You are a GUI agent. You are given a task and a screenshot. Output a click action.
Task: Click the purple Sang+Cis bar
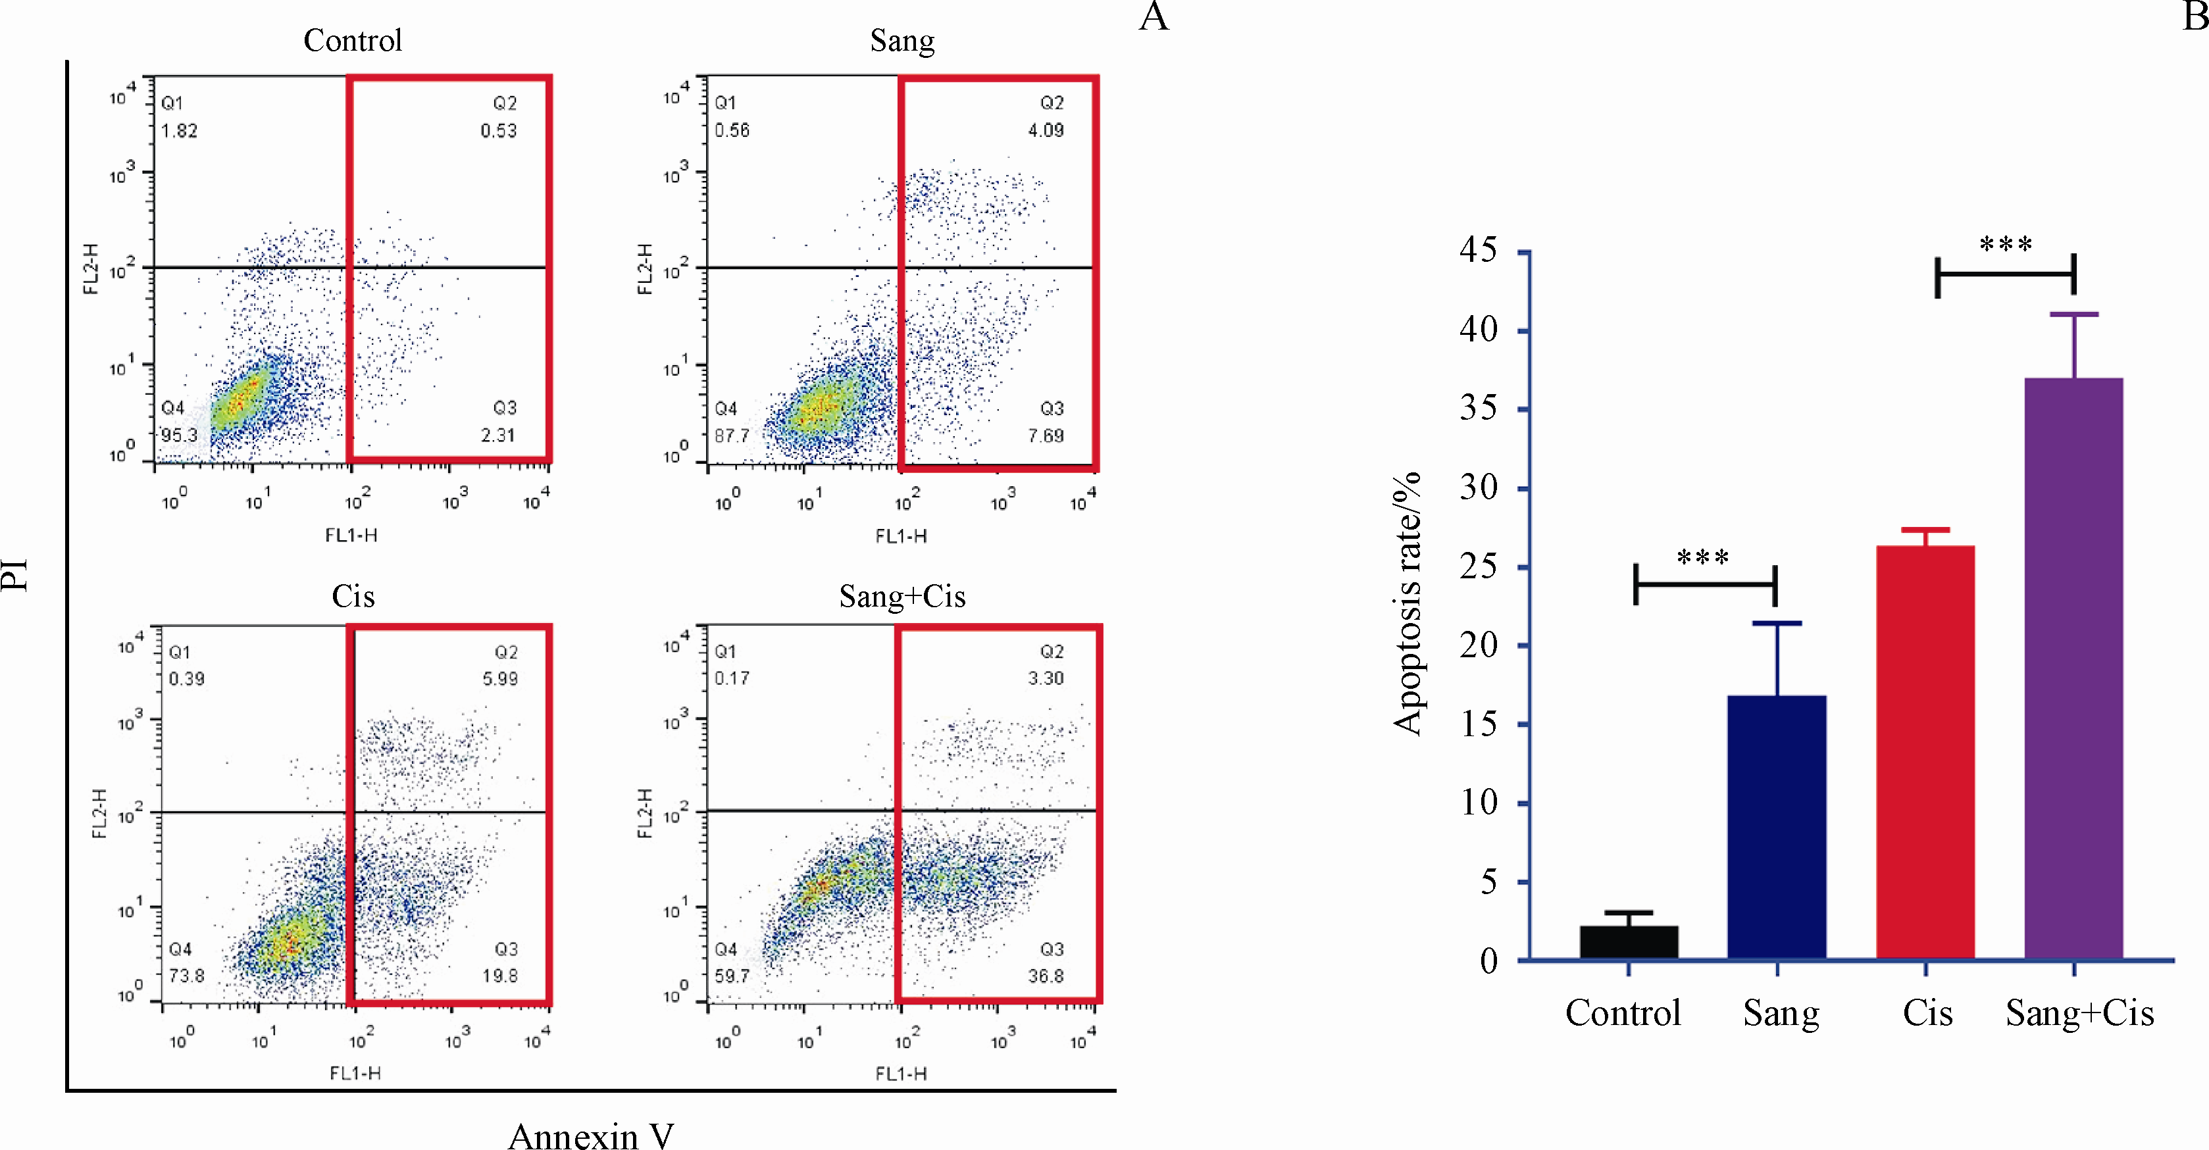(x=2073, y=669)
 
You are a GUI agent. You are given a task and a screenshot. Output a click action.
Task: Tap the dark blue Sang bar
(x=1777, y=828)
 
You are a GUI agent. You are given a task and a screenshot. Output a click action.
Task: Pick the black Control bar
(x=1629, y=943)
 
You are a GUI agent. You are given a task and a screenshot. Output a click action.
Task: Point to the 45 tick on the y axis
(x=1479, y=251)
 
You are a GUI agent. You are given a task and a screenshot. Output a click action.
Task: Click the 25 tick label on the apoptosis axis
(x=1479, y=567)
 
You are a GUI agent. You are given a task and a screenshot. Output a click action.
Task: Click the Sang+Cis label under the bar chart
(x=2079, y=1014)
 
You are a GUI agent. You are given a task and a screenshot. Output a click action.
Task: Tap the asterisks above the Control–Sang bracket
(x=1703, y=559)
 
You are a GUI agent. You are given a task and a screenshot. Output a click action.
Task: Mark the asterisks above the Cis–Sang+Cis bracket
(x=2006, y=245)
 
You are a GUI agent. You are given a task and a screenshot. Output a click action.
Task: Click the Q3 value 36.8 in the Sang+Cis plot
(x=1046, y=976)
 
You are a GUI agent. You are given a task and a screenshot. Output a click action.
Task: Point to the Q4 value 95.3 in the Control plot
(x=179, y=435)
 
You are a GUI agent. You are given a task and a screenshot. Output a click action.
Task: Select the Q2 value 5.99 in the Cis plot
(x=500, y=678)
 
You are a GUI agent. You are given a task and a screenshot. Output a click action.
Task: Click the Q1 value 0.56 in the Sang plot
(x=732, y=130)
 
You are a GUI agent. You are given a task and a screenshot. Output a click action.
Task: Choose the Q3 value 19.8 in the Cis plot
(x=500, y=976)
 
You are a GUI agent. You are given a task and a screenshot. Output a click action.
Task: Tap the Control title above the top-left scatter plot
(x=353, y=40)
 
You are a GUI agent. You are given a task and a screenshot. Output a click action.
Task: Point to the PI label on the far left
(x=14, y=574)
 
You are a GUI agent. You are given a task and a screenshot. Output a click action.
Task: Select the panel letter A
(x=1154, y=17)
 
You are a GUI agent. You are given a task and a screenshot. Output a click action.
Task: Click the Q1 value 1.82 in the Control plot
(x=179, y=130)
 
